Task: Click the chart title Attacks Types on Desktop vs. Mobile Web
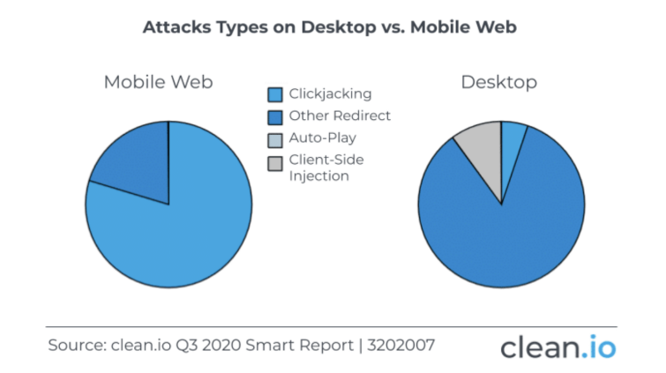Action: pos(330,27)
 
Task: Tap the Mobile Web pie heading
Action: pos(159,82)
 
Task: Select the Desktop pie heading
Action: pos(499,82)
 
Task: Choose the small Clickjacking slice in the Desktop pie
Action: pos(511,145)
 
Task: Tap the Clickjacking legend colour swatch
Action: pos(275,94)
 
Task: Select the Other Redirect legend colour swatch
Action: pos(275,117)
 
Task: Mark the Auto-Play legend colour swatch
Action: pos(275,140)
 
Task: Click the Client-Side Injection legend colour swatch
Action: pos(275,163)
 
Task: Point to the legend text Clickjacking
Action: pos(330,94)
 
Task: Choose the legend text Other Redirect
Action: pos(340,116)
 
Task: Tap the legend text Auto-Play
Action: pos(322,138)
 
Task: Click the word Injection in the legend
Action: pos(319,176)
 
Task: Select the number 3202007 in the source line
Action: pos(401,346)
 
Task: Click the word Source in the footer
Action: pos(78,346)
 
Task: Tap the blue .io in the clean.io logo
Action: pos(598,347)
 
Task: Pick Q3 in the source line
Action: pos(186,346)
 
